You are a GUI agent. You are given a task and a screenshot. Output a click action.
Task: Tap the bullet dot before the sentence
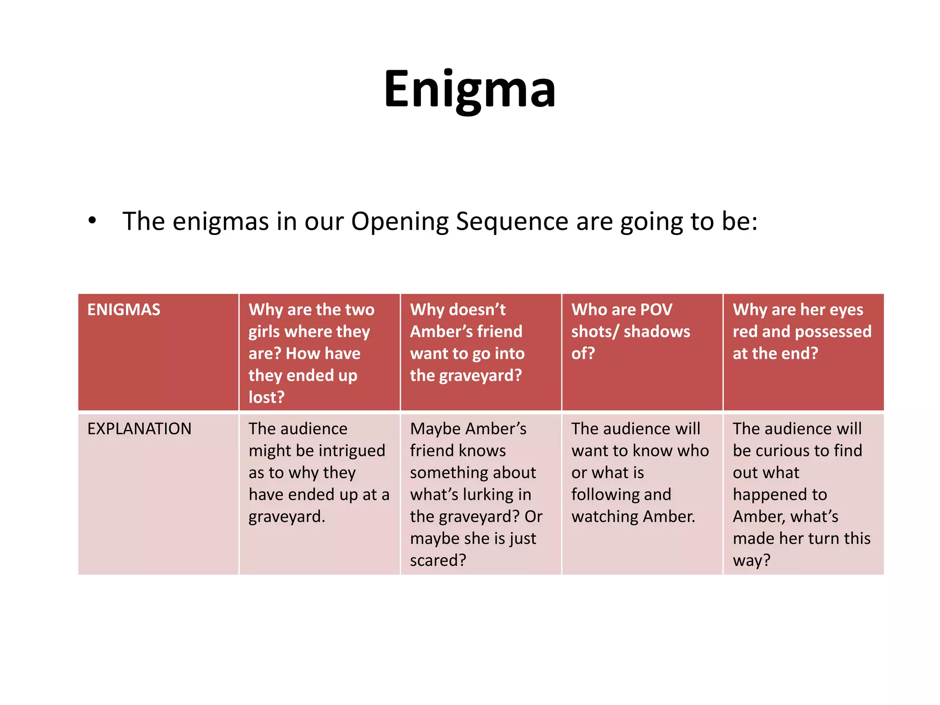[93, 221]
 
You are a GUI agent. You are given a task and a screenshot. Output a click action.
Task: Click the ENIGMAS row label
[124, 310]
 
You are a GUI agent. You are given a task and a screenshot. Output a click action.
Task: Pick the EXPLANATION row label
[140, 429]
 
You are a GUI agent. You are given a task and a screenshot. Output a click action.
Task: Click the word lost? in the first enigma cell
[267, 397]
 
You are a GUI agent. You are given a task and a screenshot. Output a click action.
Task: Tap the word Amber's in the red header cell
[439, 331]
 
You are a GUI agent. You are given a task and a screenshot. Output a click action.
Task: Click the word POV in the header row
[656, 310]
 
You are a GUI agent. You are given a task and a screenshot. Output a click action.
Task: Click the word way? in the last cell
[751, 560]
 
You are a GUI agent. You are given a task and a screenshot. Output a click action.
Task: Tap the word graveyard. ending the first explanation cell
[287, 517]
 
